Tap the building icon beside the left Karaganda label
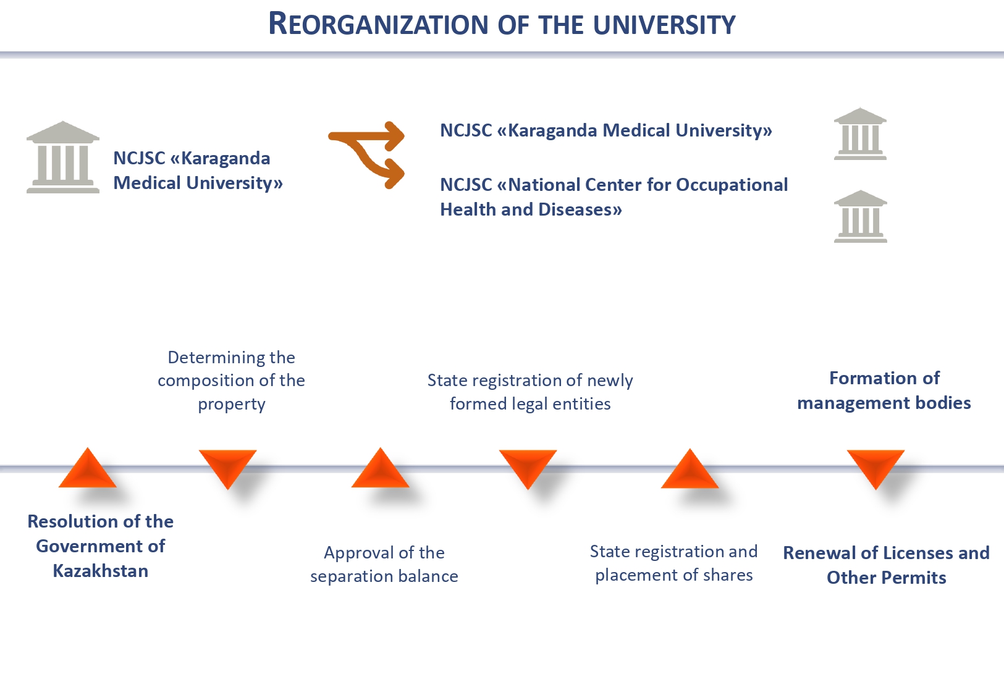62,158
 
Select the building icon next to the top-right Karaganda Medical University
860,134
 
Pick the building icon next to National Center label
860,216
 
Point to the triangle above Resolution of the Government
88,470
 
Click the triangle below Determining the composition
227,466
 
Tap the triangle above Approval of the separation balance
380,470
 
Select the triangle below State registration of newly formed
528,466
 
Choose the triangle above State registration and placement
690,471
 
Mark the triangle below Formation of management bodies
875,466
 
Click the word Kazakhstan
101,571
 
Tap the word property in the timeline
232,404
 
